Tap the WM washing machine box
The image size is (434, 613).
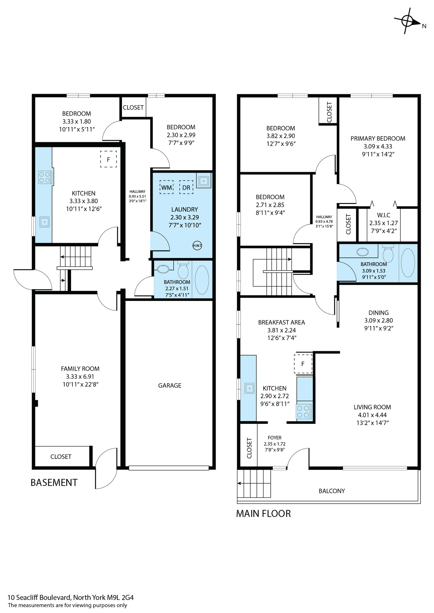[x=167, y=187]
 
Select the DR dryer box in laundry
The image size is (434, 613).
[x=186, y=187]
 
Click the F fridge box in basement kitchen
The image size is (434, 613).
[x=108, y=159]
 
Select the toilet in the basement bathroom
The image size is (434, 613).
[x=183, y=270]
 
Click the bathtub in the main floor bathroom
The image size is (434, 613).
[x=408, y=263]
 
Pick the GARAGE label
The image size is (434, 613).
[x=170, y=385]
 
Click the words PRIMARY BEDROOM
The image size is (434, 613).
[x=378, y=138]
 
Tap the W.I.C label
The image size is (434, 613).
[x=384, y=215]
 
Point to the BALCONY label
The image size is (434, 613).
[x=332, y=491]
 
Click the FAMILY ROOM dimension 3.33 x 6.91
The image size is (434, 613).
[x=80, y=377]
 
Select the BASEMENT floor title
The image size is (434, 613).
[x=54, y=482]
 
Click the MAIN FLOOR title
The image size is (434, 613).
[x=263, y=514]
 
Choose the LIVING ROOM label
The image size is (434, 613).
[x=372, y=407]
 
